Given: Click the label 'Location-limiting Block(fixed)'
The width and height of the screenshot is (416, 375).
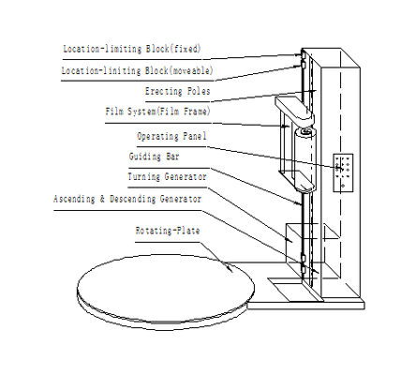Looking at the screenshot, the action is tap(132, 49).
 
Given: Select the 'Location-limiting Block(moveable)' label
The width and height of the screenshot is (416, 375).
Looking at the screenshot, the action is tap(137, 70).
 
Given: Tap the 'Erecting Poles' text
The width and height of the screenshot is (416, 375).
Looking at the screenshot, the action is tap(177, 91).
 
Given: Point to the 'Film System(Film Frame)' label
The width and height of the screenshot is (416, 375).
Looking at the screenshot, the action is tap(157, 112).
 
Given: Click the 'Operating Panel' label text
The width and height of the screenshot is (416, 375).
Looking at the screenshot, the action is tap(171, 136).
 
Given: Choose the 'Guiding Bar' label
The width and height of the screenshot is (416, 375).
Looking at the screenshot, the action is tap(155, 157).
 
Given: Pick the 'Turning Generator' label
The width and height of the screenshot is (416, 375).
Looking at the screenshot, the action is tap(167, 176).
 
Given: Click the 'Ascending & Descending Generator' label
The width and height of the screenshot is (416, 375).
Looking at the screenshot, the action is tap(127, 199).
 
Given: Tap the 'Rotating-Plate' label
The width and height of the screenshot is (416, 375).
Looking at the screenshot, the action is tap(168, 231).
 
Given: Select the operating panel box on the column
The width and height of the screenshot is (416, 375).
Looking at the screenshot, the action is tap(343, 172).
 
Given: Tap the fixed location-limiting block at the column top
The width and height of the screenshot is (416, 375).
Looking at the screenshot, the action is tap(303, 55).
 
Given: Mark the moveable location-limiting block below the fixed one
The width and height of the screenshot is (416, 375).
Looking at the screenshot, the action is tap(303, 65).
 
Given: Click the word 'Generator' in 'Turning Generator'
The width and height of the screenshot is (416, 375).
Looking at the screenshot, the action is tap(186, 176).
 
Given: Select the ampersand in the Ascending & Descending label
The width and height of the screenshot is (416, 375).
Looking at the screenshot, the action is tap(102, 199).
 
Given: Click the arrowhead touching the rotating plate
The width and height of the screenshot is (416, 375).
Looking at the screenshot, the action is tap(230, 268).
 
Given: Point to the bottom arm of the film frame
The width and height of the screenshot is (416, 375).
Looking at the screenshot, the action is tap(304, 183).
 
